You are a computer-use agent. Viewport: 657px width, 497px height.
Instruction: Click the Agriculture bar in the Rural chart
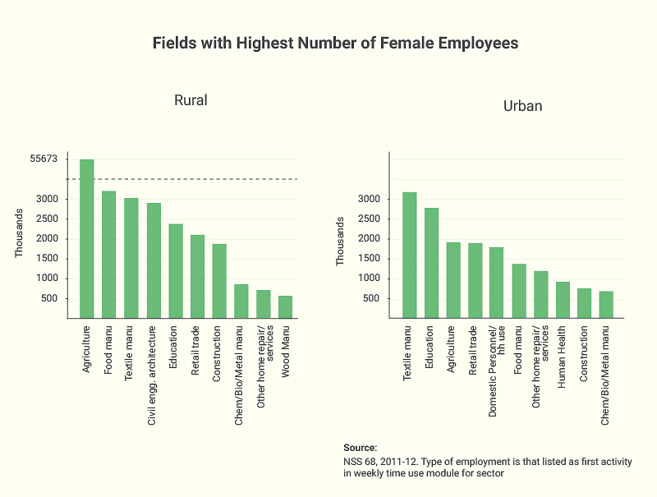86,238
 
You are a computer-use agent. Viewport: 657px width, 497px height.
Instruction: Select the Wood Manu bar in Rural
286,306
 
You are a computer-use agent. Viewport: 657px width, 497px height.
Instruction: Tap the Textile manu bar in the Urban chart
409,255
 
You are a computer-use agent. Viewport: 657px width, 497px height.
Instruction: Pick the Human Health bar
563,300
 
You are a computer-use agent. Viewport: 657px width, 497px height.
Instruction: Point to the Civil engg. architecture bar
154,260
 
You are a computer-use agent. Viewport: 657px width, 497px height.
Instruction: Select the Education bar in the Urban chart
431,263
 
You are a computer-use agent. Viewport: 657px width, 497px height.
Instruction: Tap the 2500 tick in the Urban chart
370,219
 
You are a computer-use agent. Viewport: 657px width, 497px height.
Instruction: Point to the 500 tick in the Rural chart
46,298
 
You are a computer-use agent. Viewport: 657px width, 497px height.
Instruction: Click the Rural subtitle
191,100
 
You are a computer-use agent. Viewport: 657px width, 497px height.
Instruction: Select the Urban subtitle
522,107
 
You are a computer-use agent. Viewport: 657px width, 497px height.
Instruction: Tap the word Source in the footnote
360,448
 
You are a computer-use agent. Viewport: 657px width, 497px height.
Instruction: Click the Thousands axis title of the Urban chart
341,241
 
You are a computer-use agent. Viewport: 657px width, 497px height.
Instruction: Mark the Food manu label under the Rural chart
108,352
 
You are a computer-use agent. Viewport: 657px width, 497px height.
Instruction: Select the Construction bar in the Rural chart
219,280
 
